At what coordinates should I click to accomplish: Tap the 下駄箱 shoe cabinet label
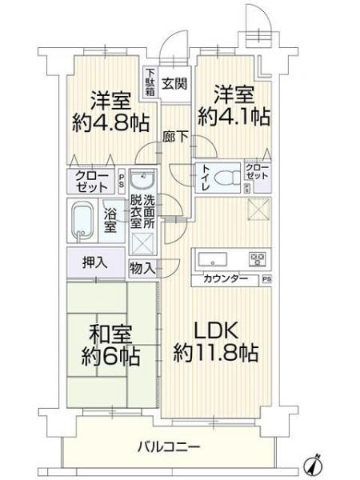pos(150,82)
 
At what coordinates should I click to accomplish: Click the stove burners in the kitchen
pos(256,259)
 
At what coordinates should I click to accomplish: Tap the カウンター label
pos(225,279)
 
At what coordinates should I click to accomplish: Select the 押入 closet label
pos(95,261)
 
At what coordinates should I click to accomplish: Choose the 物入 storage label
pos(142,268)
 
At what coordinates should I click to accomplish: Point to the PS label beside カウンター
pos(266,279)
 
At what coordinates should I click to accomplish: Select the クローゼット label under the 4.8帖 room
pos(90,181)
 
